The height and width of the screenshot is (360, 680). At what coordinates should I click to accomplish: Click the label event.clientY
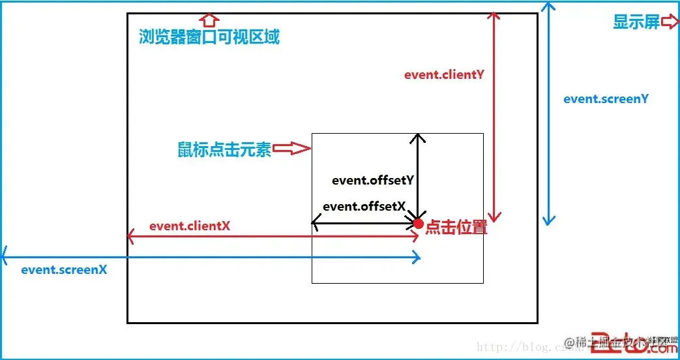point(444,74)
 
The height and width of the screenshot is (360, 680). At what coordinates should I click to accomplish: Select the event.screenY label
point(606,99)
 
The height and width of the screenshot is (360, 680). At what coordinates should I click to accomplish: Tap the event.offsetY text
point(374,181)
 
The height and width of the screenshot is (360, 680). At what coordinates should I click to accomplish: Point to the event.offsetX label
point(364,206)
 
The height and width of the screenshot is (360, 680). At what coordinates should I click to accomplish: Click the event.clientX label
point(189,226)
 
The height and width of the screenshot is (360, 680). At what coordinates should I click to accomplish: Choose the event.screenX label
point(64,269)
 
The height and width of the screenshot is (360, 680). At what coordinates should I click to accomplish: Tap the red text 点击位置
point(456,228)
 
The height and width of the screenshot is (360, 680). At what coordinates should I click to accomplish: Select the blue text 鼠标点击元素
point(224,149)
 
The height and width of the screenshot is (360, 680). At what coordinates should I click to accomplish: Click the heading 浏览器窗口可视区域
point(209,37)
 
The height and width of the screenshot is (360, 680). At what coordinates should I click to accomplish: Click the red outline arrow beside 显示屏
point(670,22)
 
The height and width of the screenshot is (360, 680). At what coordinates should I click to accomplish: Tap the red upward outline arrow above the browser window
point(208,19)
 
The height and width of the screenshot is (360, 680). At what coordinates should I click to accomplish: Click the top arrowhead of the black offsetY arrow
point(418,137)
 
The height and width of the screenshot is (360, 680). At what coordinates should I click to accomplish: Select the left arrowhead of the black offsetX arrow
point(315,224)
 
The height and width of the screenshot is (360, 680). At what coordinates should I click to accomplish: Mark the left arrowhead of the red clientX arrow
point(131,236)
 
